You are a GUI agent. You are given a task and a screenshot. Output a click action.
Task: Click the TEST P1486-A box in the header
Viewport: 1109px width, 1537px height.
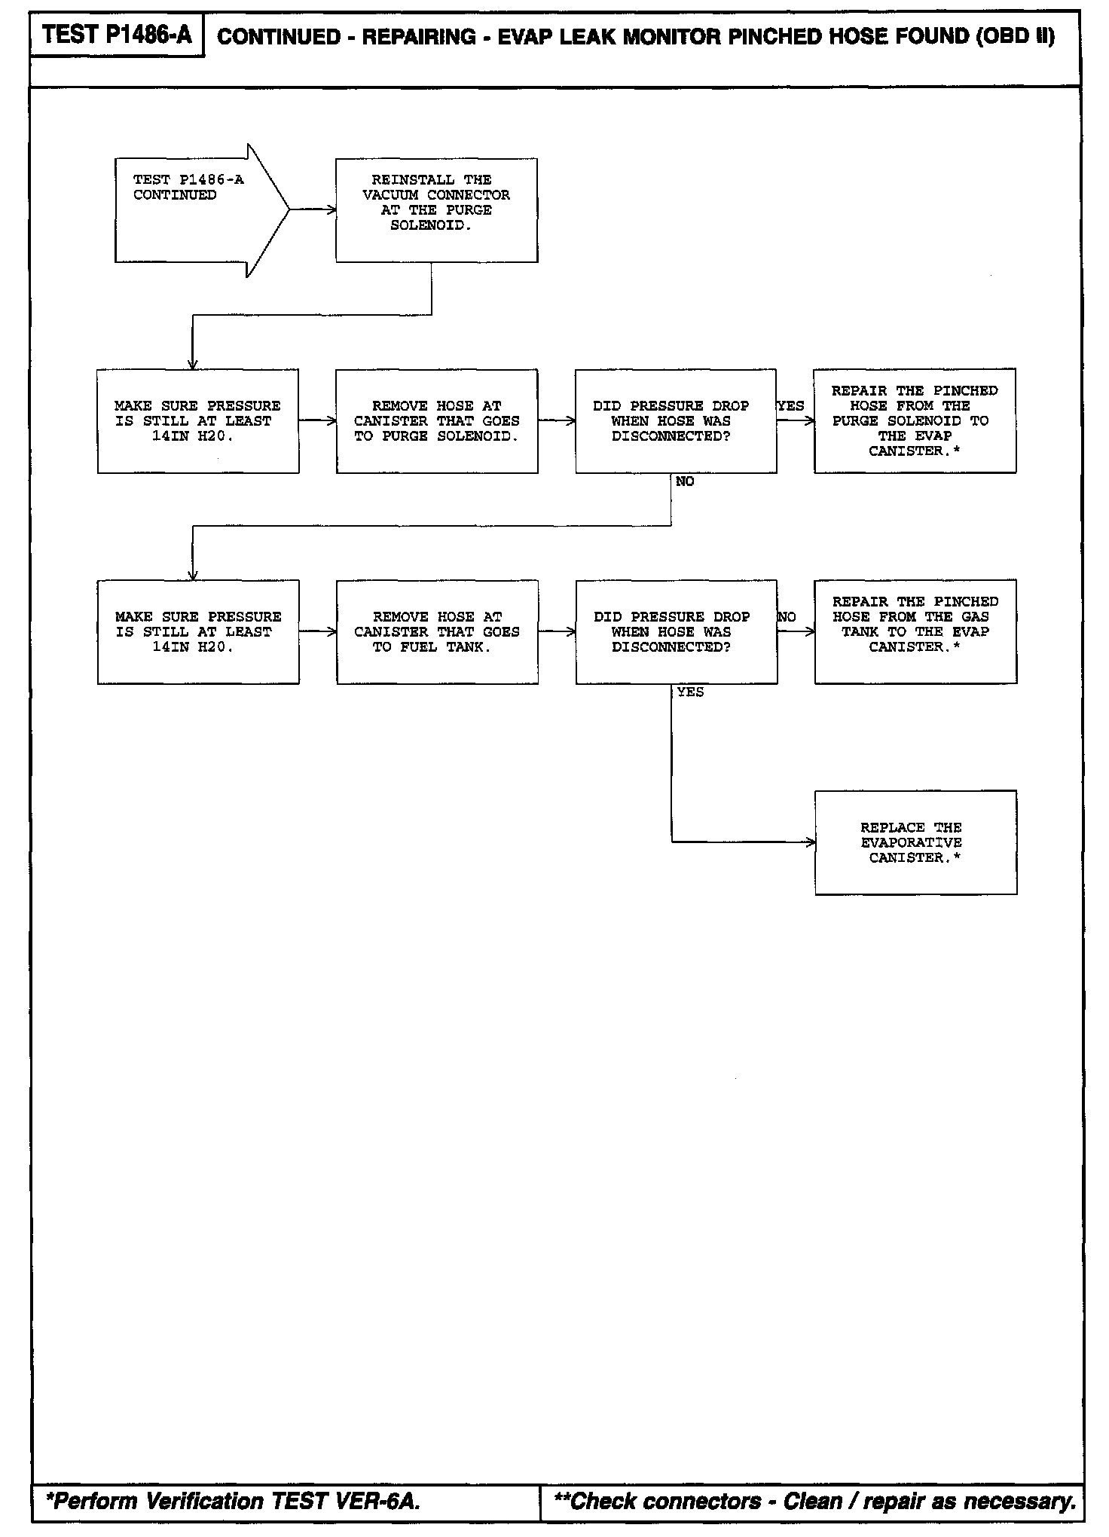117,35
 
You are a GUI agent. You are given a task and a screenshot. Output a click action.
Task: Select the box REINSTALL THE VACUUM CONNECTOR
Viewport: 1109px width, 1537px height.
436,209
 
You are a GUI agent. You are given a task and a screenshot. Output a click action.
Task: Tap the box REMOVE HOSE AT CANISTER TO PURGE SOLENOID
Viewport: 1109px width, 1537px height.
437,420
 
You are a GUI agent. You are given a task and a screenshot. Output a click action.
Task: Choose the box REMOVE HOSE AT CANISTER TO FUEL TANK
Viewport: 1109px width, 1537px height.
437,631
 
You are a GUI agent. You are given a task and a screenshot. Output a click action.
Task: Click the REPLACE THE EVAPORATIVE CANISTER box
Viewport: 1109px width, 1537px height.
915,842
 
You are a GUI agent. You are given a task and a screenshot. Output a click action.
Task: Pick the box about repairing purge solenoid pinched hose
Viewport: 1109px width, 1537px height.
915,420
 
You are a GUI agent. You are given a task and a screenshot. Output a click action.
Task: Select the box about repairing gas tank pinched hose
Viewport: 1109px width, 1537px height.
915,631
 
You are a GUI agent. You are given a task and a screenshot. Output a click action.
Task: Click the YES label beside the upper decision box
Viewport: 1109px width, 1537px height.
791,406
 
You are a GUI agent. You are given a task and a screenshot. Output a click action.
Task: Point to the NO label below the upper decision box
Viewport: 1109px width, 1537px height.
685,481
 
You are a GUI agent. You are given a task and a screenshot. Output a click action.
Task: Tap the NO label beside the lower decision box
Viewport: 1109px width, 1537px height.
787,617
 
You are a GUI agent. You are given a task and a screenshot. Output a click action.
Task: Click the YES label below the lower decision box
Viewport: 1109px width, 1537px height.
690,692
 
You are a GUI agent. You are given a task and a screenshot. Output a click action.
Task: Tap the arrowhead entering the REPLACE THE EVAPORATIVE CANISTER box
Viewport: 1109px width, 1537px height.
811,842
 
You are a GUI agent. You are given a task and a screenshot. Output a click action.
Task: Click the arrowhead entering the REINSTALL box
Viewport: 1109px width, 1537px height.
331,210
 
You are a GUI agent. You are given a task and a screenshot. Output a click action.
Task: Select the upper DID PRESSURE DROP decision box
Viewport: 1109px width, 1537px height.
676,420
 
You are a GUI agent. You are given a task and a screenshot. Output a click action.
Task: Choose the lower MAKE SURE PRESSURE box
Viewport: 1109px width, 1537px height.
198,631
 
